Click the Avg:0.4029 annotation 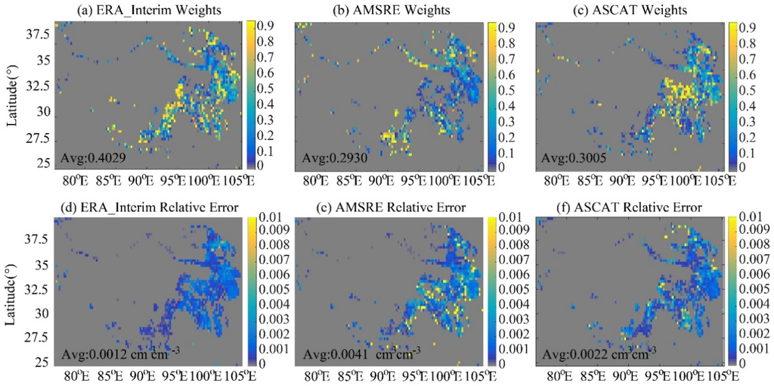click(86, 159)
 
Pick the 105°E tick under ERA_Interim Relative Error click(231, 377)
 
